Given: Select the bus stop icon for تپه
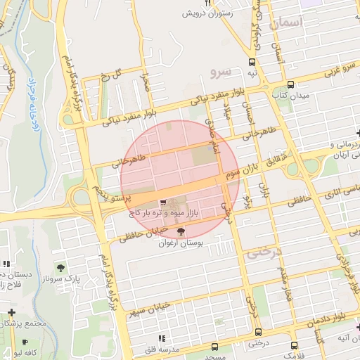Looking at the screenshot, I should point(252,61).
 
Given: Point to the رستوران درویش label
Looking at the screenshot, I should point(207,13).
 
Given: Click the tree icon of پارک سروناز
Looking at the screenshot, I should point(61,268).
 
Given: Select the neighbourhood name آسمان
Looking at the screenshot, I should point(284,22).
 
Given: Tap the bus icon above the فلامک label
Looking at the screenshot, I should point(293,345).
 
